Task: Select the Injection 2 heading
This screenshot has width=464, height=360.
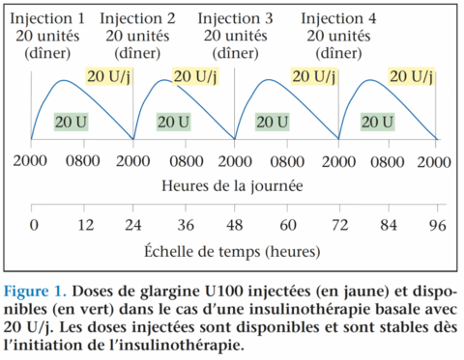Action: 137,18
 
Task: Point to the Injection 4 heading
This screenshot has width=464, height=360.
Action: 339,18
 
